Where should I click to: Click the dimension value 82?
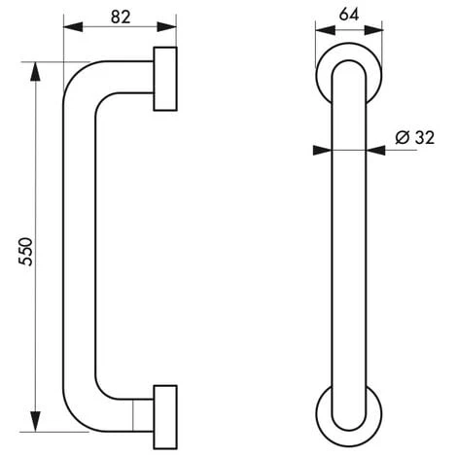click(121, 17)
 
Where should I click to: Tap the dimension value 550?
click(25, 252)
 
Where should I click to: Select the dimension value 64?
click(349, 15)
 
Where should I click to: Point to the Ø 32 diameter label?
click(414, 137)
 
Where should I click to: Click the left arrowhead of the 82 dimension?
click(73, 27)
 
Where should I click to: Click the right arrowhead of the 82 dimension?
click(166, 27)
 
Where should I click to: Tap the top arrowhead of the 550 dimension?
click(35, 71)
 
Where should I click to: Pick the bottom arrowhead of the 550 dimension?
click(35, 422)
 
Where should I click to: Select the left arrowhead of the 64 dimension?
click(325, 30)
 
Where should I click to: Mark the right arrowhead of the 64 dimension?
click(373, 30)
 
